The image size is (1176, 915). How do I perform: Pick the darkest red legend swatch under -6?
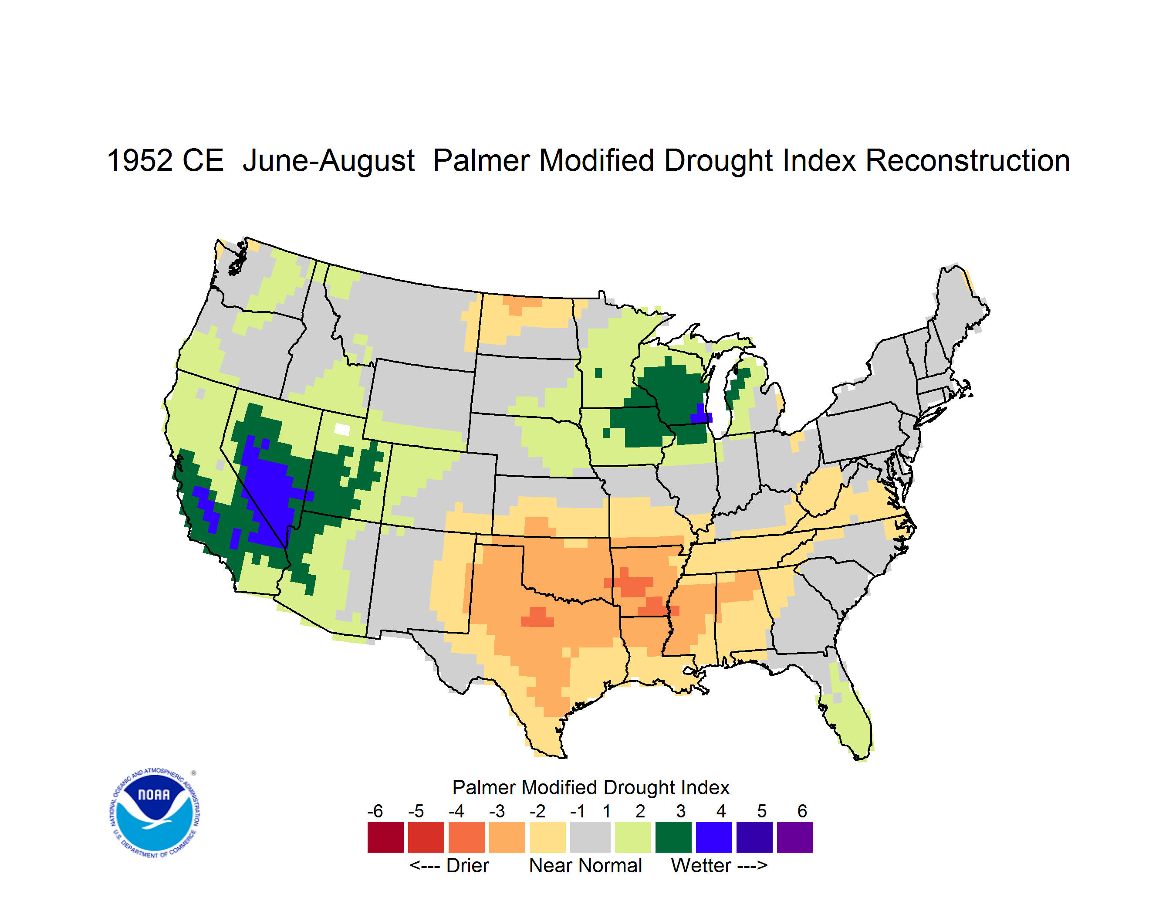(x=385, y=837)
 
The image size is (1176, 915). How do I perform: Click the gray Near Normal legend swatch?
(x=590, y=837)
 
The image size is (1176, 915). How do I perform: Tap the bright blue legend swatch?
(x=714, y=837)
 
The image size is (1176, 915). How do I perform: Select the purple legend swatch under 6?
(x=795, y=837)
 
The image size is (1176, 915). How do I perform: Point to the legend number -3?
(x=497, y=811)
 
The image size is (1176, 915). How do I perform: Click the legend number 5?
(x=762, y=811)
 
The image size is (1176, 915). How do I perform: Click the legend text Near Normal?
(x=585, y=865)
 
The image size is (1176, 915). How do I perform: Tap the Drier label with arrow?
(x=449, y=865)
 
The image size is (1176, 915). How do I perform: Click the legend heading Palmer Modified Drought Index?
(x=591, y=787)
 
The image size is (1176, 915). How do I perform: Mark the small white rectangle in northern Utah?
(x=342, y=429)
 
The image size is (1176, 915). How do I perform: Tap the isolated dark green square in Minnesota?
(x=598, y=373)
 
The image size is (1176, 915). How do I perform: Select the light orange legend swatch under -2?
(x=547, y=837)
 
